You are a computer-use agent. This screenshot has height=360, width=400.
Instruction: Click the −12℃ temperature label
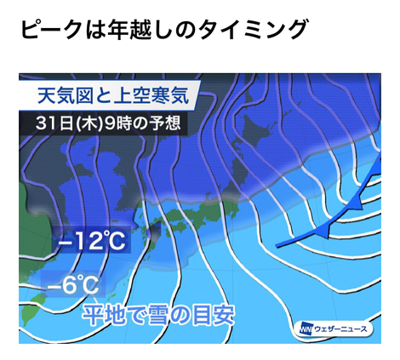(92, 241)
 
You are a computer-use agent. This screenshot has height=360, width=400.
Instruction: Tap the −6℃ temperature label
(73, 284)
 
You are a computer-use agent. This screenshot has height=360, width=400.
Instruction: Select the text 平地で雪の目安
(158, 315)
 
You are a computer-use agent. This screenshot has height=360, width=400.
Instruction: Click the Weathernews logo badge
(334, 329)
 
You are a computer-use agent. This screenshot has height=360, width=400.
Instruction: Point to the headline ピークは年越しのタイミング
(164, 29)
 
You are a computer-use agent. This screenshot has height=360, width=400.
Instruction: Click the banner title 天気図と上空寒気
(113, 95)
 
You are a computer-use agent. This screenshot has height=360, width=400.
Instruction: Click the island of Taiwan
(32, 309)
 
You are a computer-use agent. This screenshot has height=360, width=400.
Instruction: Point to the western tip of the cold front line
(277, 246)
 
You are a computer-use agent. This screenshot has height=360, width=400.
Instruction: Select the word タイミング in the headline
(252, 29)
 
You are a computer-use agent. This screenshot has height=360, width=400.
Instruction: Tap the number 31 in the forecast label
(45, 123)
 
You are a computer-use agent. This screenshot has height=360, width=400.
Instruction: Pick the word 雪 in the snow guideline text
(158, 315)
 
